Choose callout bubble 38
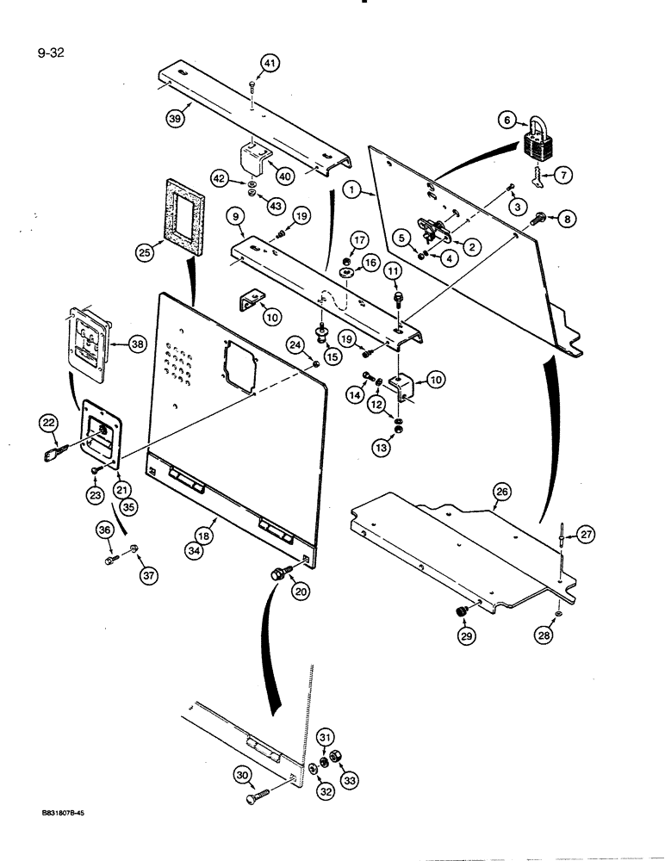tap(136, 344)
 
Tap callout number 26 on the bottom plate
tap(501, 492)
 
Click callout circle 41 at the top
tap(270, 63)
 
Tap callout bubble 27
tap(587, 535)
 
